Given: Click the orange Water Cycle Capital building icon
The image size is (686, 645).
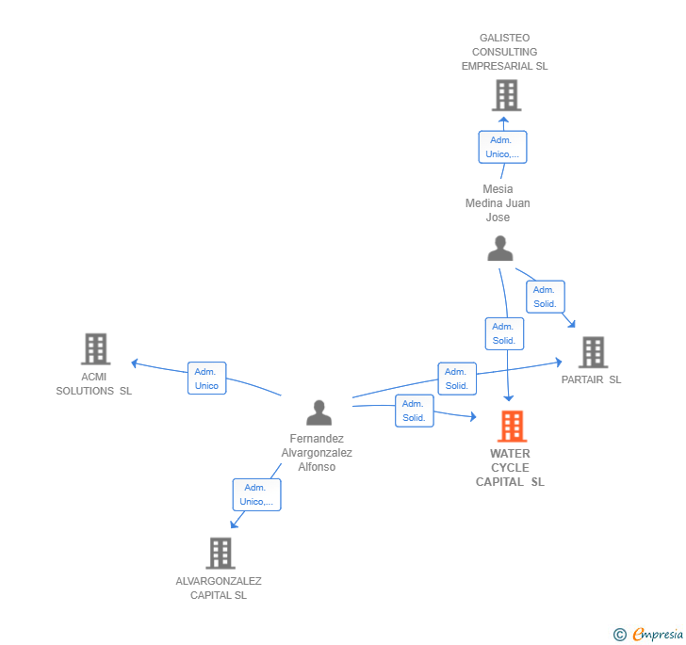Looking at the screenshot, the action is (512, 427).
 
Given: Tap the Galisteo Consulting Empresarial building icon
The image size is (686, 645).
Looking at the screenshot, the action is (506, 95).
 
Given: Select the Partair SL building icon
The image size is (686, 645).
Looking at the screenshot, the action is (593, 352).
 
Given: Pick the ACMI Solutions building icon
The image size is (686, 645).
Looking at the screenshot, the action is (95, 348).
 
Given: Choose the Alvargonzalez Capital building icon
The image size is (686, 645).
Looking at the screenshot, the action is (220, 553).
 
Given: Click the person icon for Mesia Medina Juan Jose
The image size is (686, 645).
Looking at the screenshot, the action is (500, 249).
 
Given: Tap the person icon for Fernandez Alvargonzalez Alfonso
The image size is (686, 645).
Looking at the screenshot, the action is (319, 412).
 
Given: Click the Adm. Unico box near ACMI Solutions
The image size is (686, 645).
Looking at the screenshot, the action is (206, 379).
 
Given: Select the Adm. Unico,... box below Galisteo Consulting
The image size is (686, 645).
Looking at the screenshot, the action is (502, 147).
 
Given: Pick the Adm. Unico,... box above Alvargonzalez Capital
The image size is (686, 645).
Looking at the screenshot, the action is (256, 494).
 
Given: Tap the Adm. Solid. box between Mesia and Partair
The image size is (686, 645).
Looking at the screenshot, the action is (546, 297).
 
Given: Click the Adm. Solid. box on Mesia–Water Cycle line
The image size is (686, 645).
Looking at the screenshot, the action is (504, 333).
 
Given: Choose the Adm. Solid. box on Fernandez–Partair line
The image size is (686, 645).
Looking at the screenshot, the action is (457, 379).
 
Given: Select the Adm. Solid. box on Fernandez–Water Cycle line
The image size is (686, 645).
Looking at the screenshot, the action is (415, 411).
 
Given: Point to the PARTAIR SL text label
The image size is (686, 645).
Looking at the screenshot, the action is (591, 380).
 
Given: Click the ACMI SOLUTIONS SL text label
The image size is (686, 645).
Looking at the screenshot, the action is (94, 384).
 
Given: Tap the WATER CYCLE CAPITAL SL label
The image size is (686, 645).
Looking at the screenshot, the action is (510, 468).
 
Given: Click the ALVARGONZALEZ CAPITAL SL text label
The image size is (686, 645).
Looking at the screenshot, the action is (219, 588).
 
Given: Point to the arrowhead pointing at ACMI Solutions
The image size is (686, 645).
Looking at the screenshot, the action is (135, 363).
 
